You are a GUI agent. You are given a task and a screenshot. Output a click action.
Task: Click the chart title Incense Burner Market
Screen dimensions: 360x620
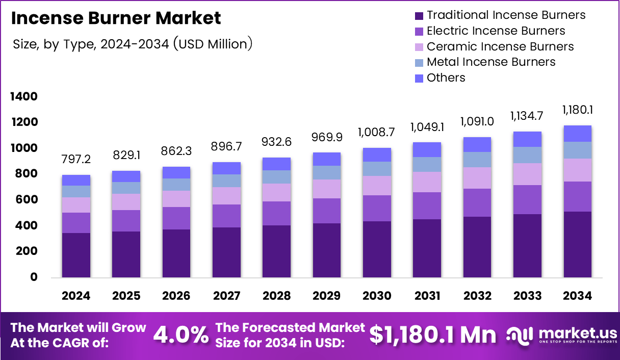click(116, 18)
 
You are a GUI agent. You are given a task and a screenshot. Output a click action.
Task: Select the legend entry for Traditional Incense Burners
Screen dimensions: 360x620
click(506, 15)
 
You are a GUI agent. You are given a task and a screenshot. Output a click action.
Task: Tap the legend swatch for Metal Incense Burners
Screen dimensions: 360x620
click(419, 62)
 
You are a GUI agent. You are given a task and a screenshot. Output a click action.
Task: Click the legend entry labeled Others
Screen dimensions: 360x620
click(446, 78)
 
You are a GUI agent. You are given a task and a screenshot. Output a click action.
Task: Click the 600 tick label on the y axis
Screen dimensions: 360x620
click(26, 199)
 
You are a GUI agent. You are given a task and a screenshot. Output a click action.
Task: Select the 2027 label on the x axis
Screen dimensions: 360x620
click(226, 296)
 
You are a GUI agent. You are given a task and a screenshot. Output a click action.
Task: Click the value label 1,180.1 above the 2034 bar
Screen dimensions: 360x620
click(578, 110)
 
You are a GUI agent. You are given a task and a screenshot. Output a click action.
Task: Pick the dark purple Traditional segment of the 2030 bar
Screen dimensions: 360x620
click(377, 249)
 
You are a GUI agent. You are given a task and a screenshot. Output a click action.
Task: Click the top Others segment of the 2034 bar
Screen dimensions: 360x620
click(578, 134)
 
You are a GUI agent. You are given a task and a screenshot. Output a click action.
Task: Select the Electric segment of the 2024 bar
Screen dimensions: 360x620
click(76, 223)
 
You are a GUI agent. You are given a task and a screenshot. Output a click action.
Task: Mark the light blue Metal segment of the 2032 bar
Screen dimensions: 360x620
click(477, 160)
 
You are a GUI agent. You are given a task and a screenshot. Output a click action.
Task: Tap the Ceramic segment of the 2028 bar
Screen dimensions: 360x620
click(276, 192)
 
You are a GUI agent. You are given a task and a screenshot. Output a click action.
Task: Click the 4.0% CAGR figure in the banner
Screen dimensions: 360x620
click(181, 335)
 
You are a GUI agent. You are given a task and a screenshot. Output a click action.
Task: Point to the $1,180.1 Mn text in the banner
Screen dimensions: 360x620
click(432, 335)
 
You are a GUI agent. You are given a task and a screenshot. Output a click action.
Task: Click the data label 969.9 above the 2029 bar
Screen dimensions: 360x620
click(327, 138)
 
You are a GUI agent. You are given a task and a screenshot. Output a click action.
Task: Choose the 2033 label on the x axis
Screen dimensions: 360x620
click(527, 296)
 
